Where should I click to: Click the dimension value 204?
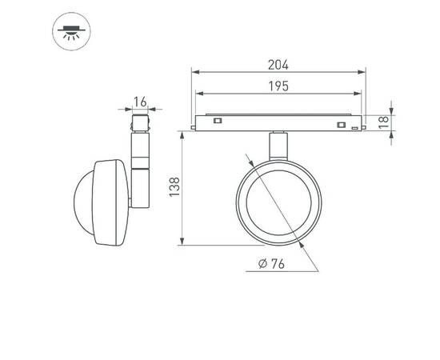(278, 65)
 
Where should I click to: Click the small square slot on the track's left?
(217, 121)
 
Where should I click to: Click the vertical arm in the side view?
(140, 172)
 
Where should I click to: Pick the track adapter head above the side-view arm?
(141, 124)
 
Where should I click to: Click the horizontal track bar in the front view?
(278, 122)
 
